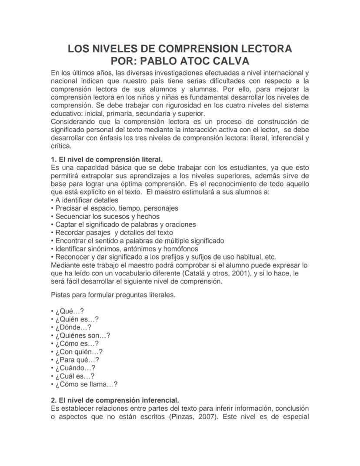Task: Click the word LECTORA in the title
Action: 263,48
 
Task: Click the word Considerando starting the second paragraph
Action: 72,122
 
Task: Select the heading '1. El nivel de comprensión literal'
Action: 107,160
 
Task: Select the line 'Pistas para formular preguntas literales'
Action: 113,295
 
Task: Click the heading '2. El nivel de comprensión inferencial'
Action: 115,400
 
